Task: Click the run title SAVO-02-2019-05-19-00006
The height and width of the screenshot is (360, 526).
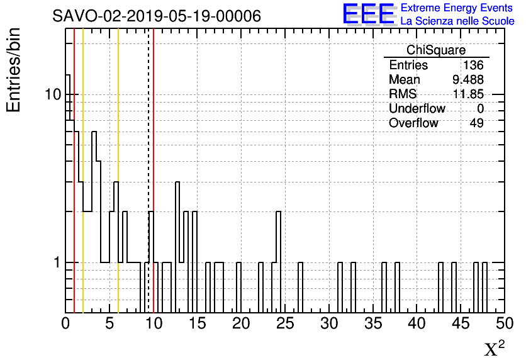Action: pos(157,16)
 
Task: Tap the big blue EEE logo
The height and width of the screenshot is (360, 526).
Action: pos(369,14)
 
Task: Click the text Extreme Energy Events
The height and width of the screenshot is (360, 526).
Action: pos(457,8)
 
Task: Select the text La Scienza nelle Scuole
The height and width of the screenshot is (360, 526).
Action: pos(457,21)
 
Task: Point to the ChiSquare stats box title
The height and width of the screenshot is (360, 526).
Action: pos(436,50)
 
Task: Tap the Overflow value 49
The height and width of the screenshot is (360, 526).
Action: pos(476,123)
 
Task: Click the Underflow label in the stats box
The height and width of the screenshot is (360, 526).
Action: pos(417,109)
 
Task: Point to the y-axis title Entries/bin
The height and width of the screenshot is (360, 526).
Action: pos(14,70)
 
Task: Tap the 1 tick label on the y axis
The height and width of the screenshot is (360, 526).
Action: pos(56,262)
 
